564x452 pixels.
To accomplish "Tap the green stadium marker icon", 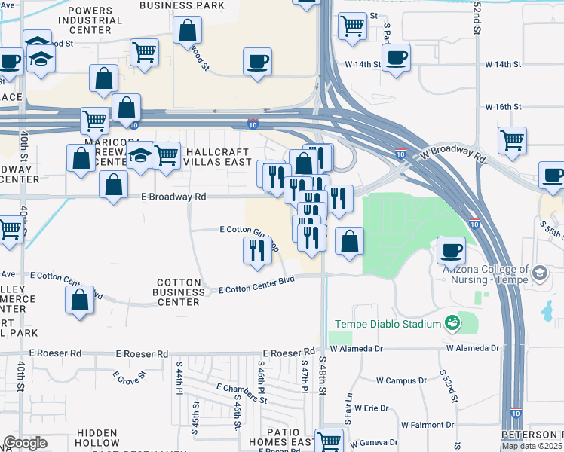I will click(x=452, y=324).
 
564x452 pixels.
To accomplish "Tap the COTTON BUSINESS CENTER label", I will click(x=179, y=292).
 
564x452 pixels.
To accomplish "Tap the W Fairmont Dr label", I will click(x=427, y=425).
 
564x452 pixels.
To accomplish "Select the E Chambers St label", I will click(x=241, y=392).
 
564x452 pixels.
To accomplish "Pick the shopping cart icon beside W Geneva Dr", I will click(x=329, y=440).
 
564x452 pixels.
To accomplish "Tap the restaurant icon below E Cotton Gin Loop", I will click(x=257, y=250).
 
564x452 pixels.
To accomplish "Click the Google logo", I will click(x=25, y=444).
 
